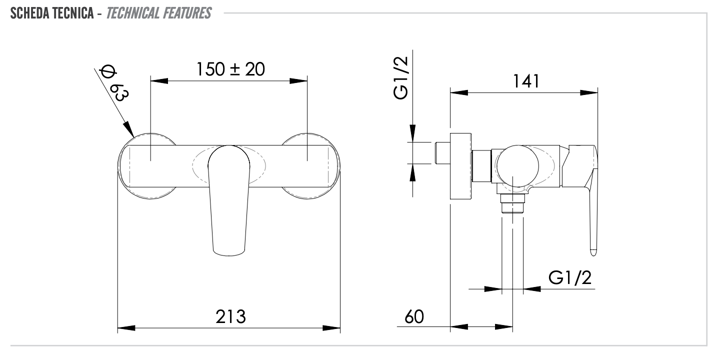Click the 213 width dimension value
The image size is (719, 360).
230,316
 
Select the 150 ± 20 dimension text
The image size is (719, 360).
230,69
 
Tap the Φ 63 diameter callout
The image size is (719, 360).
113,83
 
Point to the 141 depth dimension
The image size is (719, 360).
526,81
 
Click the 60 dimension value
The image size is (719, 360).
414,317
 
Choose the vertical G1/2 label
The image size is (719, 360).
400,78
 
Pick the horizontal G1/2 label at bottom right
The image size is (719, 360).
569,278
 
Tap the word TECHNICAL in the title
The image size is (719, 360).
132,13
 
